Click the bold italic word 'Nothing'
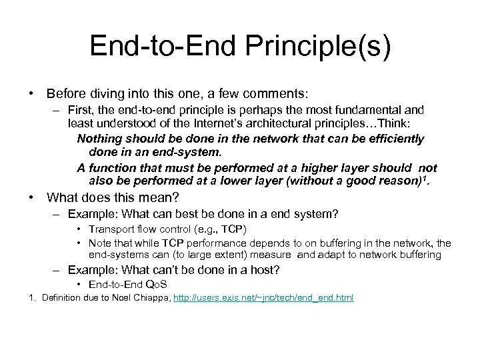(99, 139)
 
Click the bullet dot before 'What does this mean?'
(31, 197)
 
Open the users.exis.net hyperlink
(263, 297)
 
